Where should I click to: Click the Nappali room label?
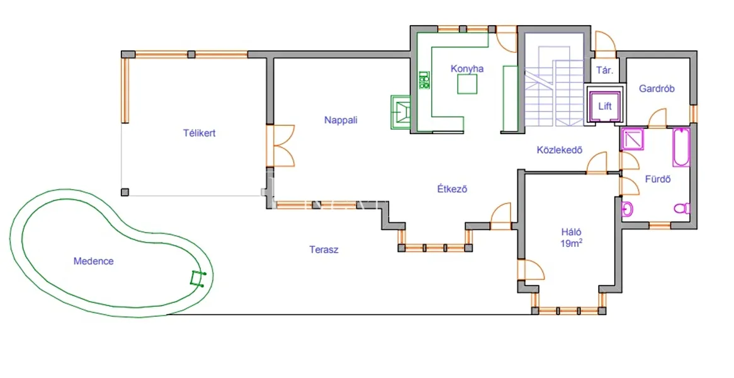pos(341,120)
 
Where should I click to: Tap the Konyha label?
pos(467,69)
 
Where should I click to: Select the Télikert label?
pos(200,133)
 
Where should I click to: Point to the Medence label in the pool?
pos(94,261)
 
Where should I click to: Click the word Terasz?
pos(324,249)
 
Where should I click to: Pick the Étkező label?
pos(452,189)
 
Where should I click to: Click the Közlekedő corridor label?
pos(560,151)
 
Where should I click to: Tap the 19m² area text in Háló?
pos(571,244)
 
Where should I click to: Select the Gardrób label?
pos(657,89)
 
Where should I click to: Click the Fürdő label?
pos(658,179)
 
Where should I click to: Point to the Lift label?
pos(605,106)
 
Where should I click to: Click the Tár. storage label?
pos(604,71)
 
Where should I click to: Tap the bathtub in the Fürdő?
pos(681,147)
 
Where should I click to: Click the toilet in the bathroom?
pos(682,209)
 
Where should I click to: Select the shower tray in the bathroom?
pos(633,139)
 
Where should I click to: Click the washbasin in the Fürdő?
pos(627,209)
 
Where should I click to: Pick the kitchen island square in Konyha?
pos(467,84)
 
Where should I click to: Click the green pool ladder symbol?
pos(198,278)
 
